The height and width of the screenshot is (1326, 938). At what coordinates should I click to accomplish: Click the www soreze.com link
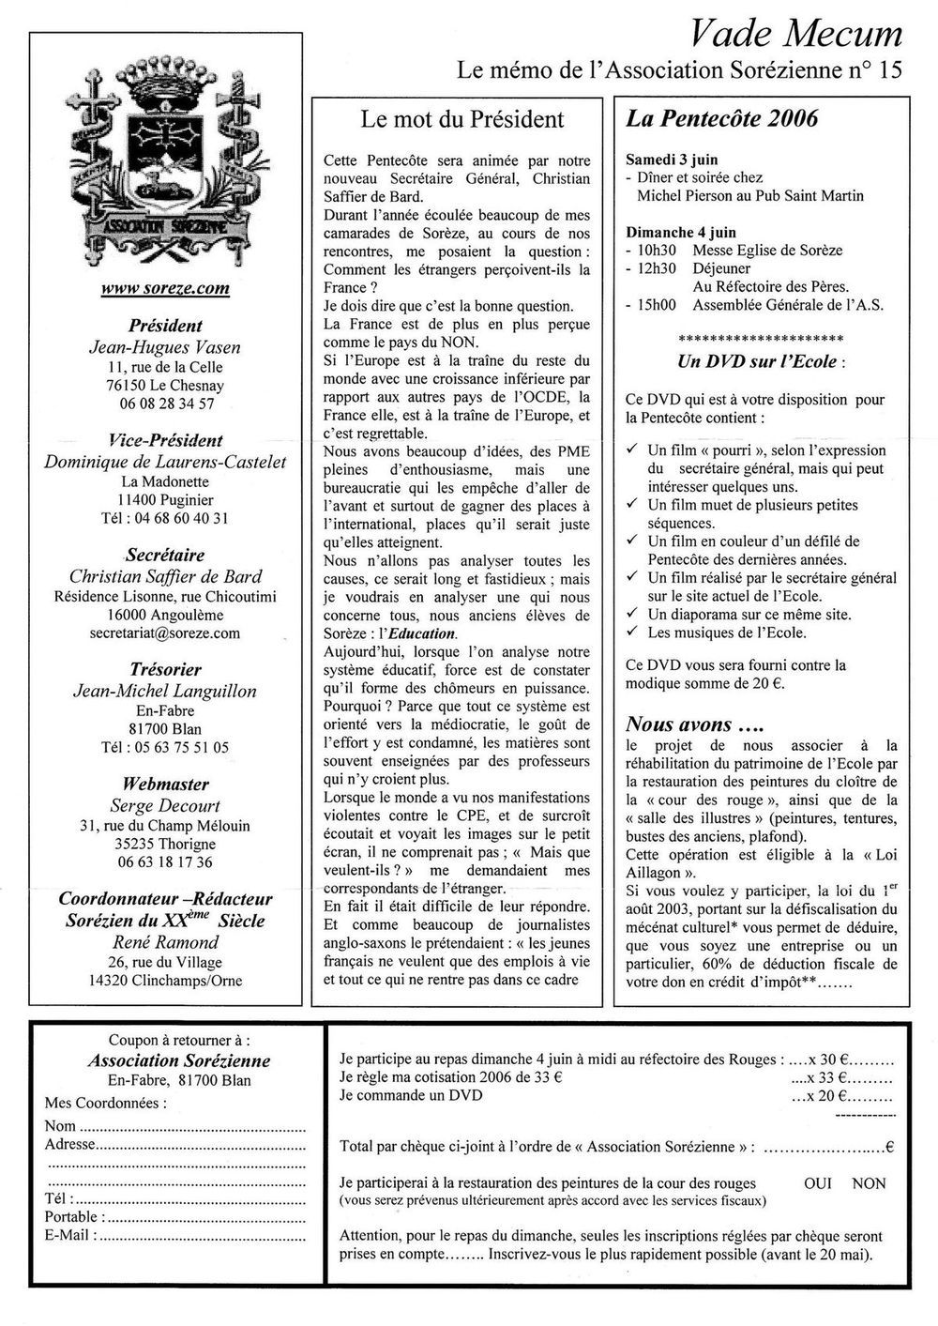pyautogui.click(x=165, y=288)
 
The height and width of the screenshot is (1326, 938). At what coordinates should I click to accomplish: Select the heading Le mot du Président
pyautogui.click(x=462, y=119)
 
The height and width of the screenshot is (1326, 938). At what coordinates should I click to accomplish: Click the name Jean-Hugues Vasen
pyautogui.click(x=165, y=346)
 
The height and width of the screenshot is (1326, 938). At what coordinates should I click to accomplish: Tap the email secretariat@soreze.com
pyautogui.click(x=165, y=633)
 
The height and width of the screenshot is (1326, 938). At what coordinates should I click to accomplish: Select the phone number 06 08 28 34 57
pyautogui.click(x=165, y=404)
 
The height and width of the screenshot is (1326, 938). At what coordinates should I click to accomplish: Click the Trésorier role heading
pyautogui.click(x=165, y=669)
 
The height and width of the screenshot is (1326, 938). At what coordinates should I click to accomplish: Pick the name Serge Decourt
pyautogui.click(x=165, y=805)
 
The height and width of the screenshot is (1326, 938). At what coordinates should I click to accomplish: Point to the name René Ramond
pyautogui.click(x=165, y=942)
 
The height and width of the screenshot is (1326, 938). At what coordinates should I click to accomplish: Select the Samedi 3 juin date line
pyautogui.click(x=666, y=160)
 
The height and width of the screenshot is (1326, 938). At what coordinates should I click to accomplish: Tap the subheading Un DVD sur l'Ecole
pyautogui.click(x=758, y=362)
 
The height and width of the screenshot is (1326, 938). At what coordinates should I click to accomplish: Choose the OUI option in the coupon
pyautogui.click(x=818, y=1183)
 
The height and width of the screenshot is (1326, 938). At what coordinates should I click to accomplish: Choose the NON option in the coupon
pyautogui.click(x=869, y=1183)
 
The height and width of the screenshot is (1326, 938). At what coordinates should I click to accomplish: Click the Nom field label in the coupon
pyautogui.click(x=61, y=1125)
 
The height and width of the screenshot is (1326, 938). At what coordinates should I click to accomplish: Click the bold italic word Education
pyautogui.click(x=421, y=633)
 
